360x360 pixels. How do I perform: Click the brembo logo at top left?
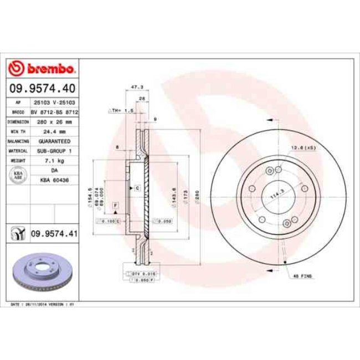[x=43, y=69]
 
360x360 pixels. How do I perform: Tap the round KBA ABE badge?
[x=18, y=176]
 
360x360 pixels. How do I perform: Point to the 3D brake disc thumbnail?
[x=43, y=272]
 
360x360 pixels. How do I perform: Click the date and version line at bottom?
[x=43, y=305]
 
